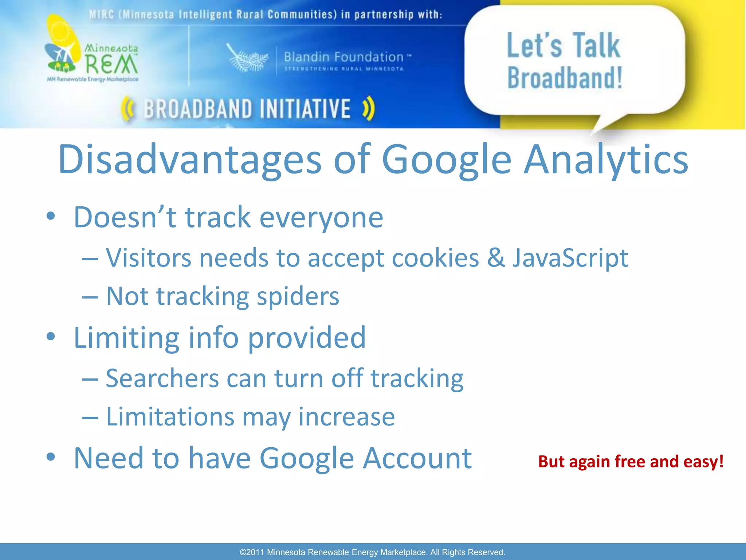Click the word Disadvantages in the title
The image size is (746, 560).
tap(189, 159)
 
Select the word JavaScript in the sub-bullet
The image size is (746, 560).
tap(570, 258)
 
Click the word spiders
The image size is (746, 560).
tap(298, 296)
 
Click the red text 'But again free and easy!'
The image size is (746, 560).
tap(631, 462)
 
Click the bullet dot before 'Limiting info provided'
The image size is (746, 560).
tap(51, 336)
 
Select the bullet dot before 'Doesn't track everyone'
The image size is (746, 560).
tap(51, 216)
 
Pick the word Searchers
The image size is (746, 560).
tap(162, 378)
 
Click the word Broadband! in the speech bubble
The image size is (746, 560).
tap(565, 78)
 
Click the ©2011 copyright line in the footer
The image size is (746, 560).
tap(372, 552)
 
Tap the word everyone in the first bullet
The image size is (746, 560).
tap(321, 217)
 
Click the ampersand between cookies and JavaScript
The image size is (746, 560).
tap(496, 258)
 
